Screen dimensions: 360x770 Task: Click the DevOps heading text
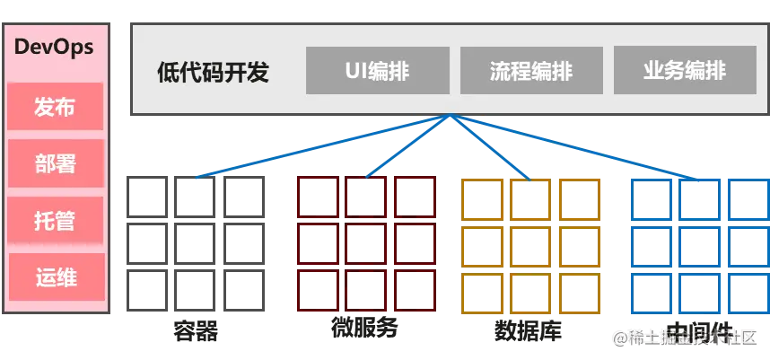54,48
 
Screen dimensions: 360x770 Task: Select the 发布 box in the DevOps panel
56,107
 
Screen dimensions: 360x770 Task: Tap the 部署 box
56,163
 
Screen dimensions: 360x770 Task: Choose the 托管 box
56,220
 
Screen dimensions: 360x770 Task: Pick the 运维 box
56,277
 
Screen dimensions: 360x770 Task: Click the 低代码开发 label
213,71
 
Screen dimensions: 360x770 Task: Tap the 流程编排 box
530,70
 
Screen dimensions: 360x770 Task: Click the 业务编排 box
685,70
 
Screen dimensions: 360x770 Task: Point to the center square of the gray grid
194,242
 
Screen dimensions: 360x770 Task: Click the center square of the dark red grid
366,242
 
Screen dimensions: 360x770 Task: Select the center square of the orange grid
529,242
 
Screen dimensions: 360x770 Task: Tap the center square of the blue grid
699,242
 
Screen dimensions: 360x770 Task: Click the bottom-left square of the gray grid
145,290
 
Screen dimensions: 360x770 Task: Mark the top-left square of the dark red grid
318,196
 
